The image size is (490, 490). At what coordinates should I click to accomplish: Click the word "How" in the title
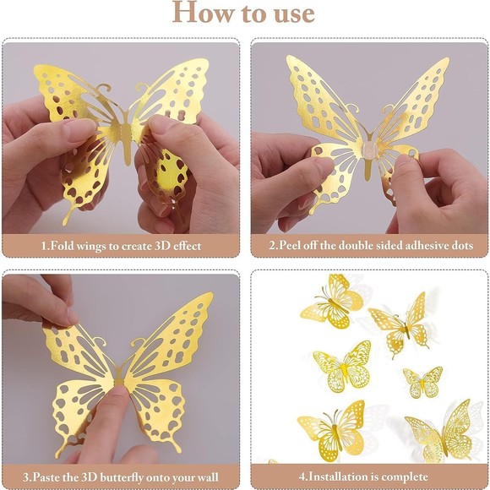coord(199,14)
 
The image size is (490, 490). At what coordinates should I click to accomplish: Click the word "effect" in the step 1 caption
coord(184,245)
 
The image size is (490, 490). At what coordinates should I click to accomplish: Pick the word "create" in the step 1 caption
coord(136,245)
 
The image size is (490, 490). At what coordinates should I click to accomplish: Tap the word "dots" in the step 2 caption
coord(461,245)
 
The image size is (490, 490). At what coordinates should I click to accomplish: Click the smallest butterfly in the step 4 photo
coord(422,381)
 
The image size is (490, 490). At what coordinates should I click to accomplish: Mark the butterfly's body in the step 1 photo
coord(127,144)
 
